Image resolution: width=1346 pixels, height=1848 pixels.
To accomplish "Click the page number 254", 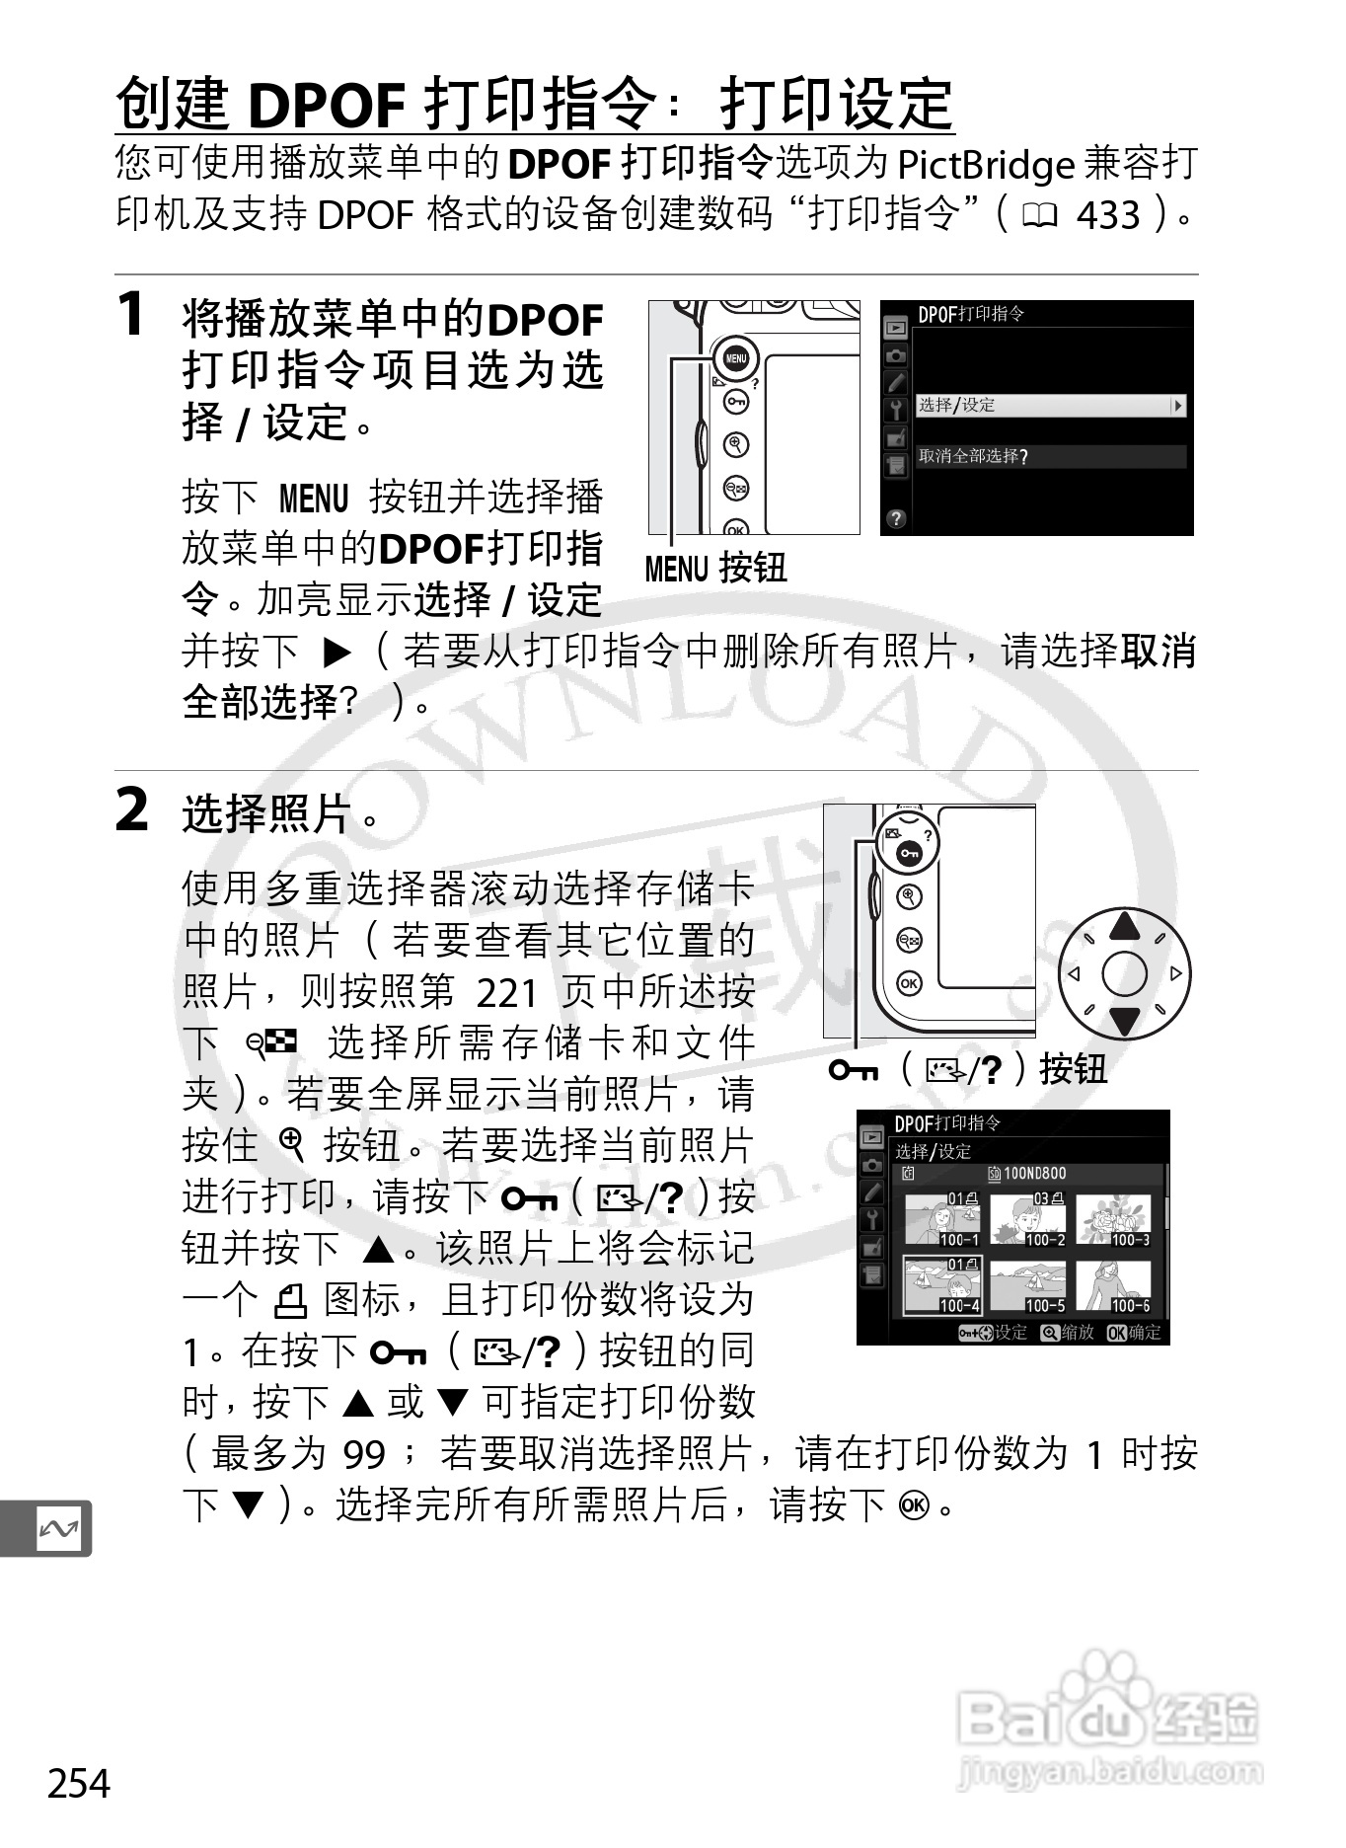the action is click(x=79, y=1783).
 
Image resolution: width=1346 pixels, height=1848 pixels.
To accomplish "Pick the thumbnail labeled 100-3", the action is click(x=1113, y=1220).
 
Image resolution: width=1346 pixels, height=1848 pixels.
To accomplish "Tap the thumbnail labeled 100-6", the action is click(x=1113, y=1286).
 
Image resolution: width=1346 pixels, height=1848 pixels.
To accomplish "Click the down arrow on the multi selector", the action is click(x=1124, y=1023).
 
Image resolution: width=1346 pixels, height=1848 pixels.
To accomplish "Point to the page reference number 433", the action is click(x=1108, y=215).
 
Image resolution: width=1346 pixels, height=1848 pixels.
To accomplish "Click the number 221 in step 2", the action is click(x=507, y=992).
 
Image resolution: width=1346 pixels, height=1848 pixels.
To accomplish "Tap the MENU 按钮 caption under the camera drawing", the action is click(x=715, y=568).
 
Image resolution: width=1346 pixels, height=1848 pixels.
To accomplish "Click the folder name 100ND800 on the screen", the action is click(x=1034, y=1174).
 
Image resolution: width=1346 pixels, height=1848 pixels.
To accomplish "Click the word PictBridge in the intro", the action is click(x=985, y=165).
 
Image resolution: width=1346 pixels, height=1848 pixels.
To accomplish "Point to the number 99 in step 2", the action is click(x=363, y=1454).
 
